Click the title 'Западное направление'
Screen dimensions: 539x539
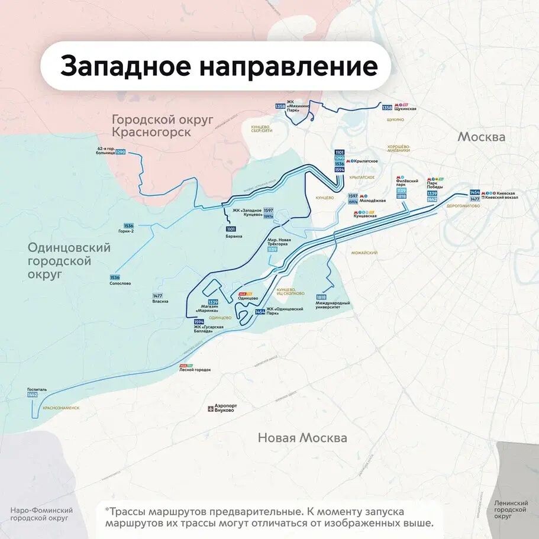[218, 66]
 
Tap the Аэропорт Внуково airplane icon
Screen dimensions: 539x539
[210, 408]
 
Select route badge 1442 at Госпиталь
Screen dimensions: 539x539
[32, 395]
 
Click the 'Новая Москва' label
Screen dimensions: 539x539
[302, 438]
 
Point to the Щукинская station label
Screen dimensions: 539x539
[406, 109]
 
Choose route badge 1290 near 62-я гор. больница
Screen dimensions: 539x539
[121, 152]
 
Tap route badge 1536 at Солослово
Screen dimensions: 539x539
[115, 277]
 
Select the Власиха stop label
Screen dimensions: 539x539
[160, 302]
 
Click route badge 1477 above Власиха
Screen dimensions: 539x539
[157, 296]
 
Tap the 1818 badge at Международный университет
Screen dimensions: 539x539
[321, 297]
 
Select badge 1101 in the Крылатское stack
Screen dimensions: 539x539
[339, 153]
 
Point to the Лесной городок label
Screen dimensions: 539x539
[195, 370]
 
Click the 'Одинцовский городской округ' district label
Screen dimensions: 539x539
[69, 261]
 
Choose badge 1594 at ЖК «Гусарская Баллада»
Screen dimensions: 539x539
[199, 321]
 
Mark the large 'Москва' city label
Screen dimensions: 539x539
[481, 137]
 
